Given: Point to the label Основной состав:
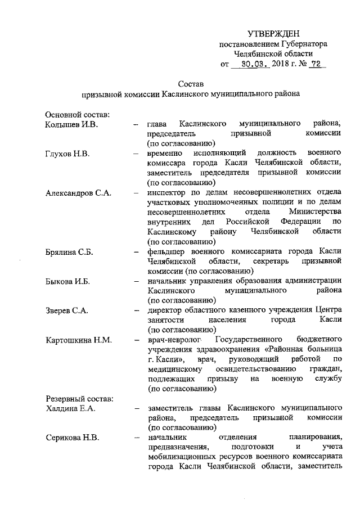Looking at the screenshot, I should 77,115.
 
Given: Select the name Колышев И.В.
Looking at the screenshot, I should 71,123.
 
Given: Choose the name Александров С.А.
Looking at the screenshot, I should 78,193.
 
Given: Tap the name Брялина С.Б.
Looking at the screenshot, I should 69,252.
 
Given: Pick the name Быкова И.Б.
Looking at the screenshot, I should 67,281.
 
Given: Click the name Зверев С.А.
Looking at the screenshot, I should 67,310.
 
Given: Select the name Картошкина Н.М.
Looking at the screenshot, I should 79,340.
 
